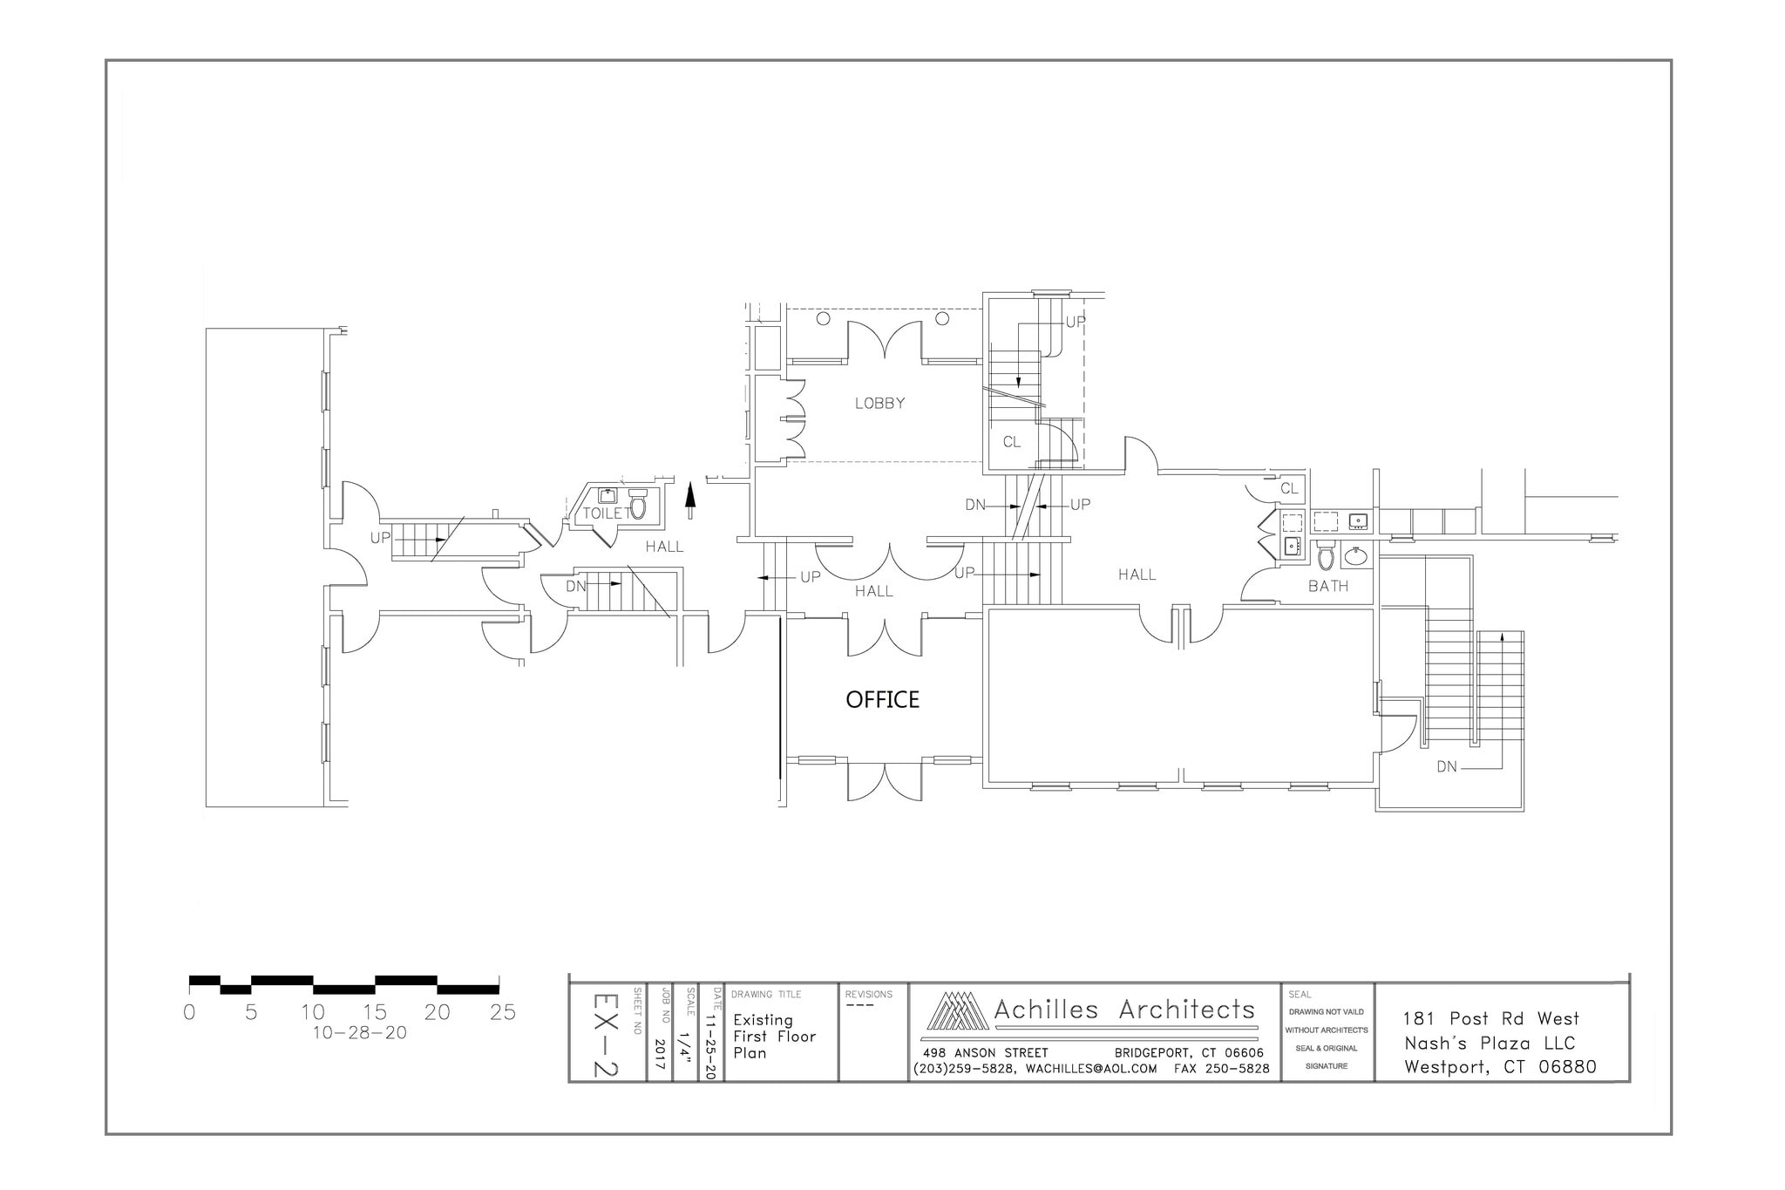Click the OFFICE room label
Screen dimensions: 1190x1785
[882, 700]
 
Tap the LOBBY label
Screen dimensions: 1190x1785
[879, 404]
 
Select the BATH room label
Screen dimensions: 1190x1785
[1327, 587]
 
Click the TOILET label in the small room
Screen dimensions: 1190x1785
[607, 513]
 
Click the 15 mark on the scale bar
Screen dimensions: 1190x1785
[375, 1013]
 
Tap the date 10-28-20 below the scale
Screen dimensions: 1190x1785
[359, 1033]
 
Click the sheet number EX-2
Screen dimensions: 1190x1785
[606, 1035]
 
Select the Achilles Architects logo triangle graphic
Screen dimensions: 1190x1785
[956, 1011]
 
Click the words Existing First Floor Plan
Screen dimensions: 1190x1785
[774, 1037]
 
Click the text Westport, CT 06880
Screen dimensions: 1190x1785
[1500, 1067]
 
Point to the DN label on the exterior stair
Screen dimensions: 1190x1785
[1446, 767]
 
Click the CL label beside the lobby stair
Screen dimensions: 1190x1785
[1011, 442]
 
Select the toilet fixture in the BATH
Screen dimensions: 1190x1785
[1325, 555]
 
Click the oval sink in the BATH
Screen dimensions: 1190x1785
[1355, 555]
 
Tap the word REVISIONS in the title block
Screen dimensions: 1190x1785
[868, 995]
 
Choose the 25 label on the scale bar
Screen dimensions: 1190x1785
[503, 1013]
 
